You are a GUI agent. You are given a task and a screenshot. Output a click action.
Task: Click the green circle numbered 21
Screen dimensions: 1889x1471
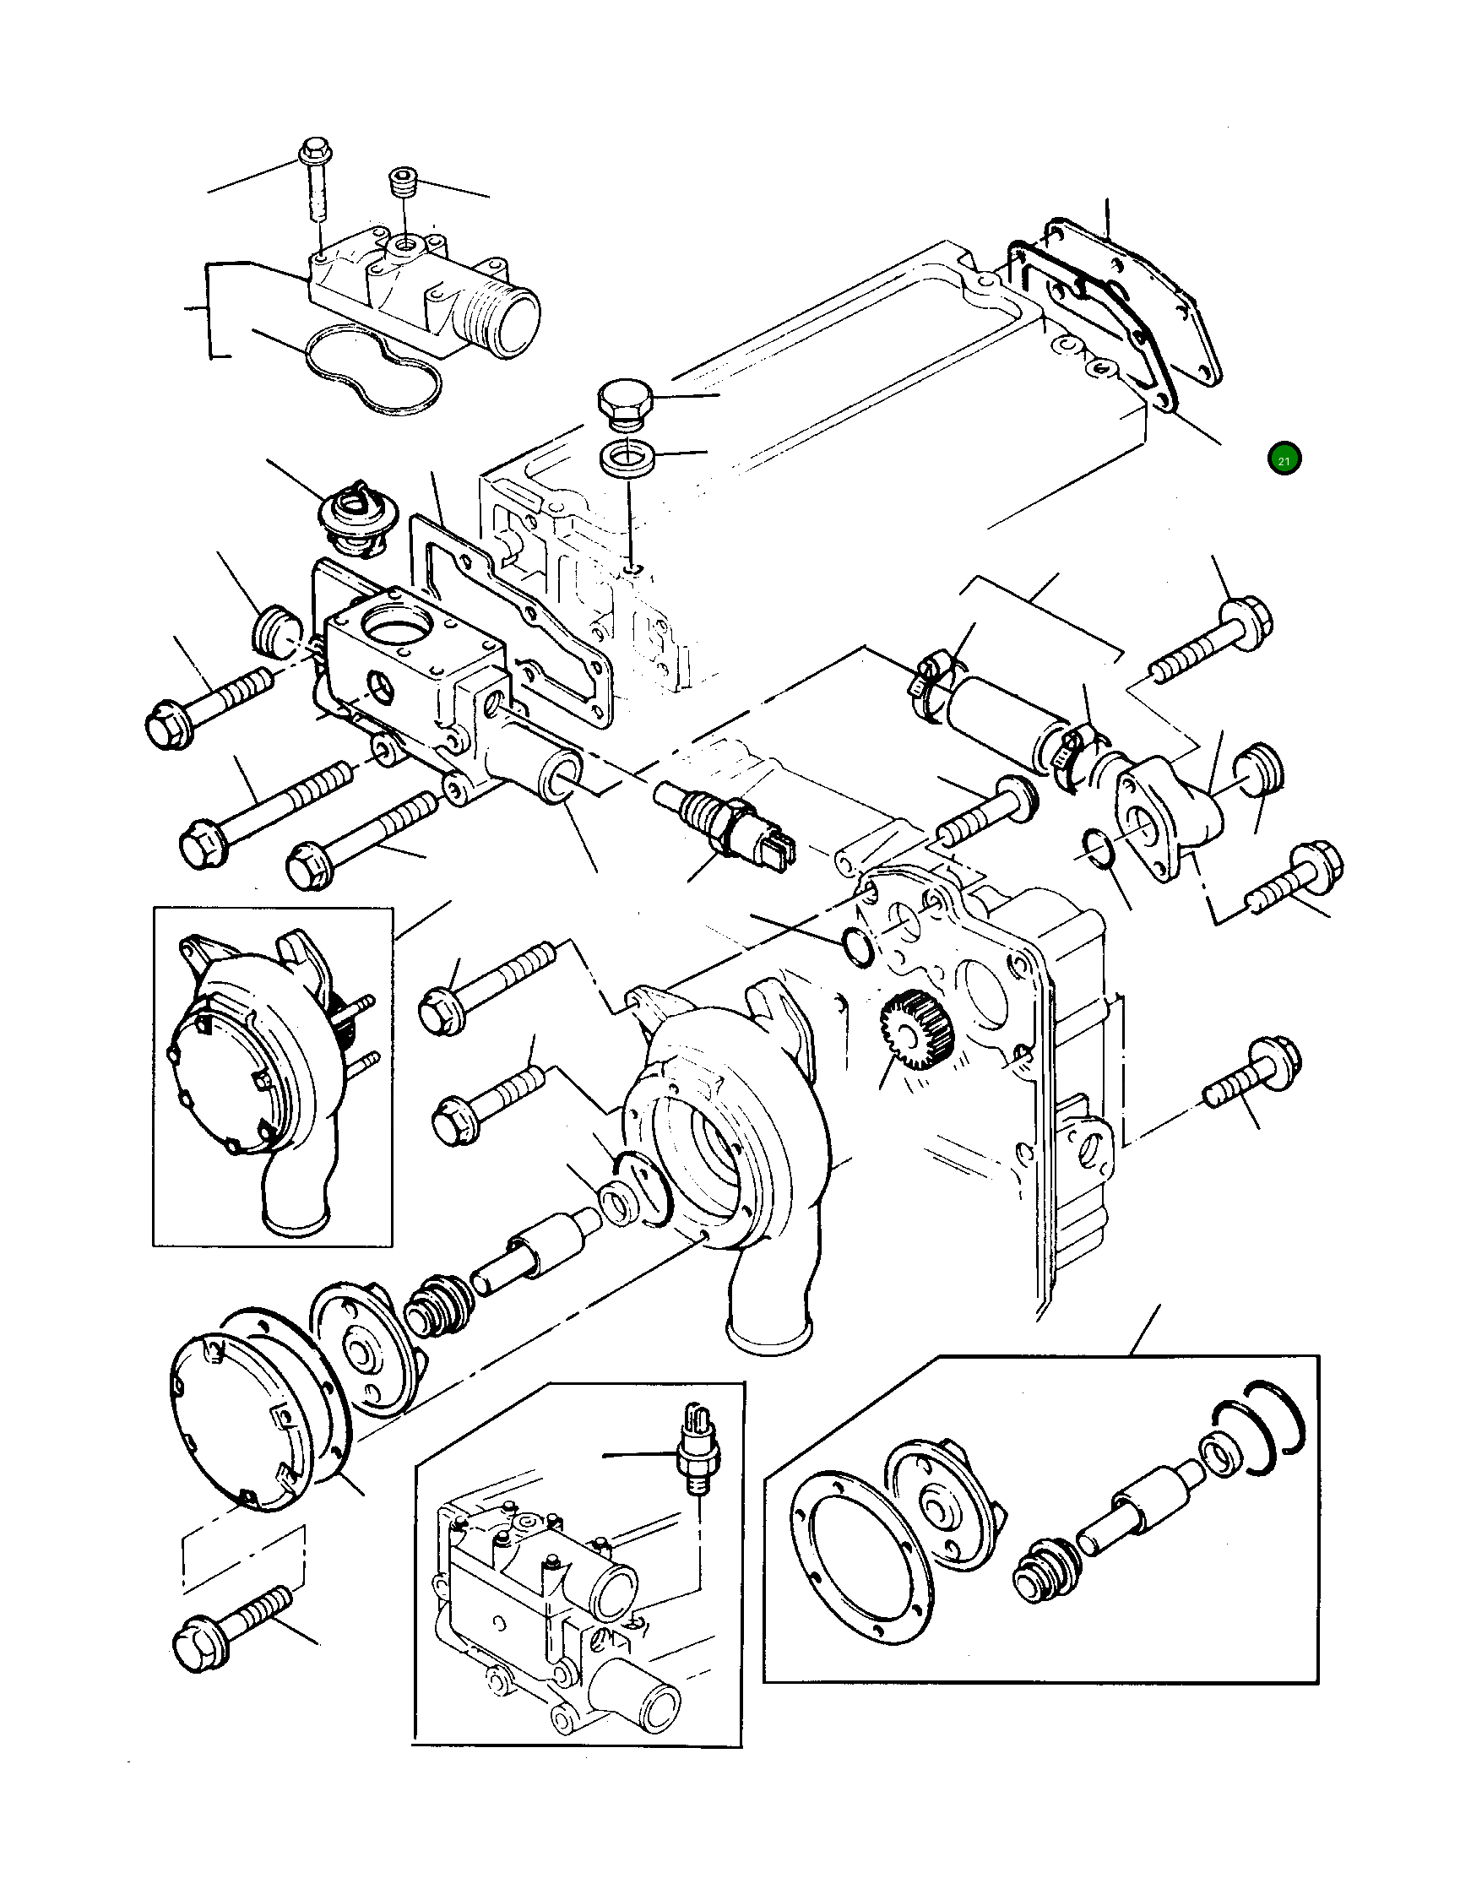tap(1284, 460)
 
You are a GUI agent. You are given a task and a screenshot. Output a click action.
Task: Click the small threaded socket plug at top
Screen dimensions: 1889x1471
tap(403, 183)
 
